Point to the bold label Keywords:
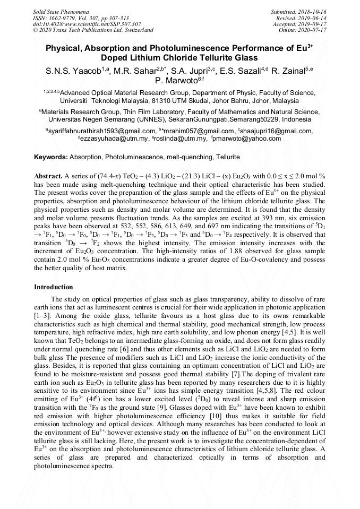pos(51,158)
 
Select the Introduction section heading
pos(54,287)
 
